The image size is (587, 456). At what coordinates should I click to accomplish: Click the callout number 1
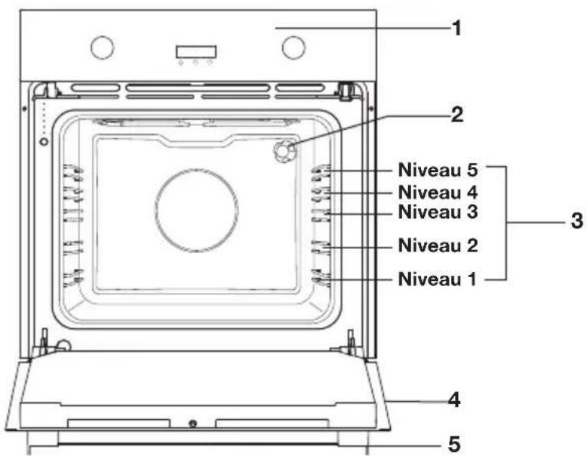(x=456, y=29)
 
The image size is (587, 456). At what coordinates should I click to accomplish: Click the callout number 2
(x=456, y=115)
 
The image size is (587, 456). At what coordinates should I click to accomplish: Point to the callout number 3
(x=577, y=220)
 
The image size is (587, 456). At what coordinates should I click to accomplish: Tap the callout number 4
(x=454, y=400)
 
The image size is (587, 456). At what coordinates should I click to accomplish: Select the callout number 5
(x=454, y=445)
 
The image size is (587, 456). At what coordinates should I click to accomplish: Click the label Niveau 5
(x=438, y=170)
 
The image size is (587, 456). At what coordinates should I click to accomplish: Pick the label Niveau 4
(x=438, y=193)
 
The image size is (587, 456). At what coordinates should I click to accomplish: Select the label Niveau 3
(x=438, y=211)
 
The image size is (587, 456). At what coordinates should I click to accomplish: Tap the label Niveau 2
(x=438, y=245)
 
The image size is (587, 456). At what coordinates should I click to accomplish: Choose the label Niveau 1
(x=438, y=279)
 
